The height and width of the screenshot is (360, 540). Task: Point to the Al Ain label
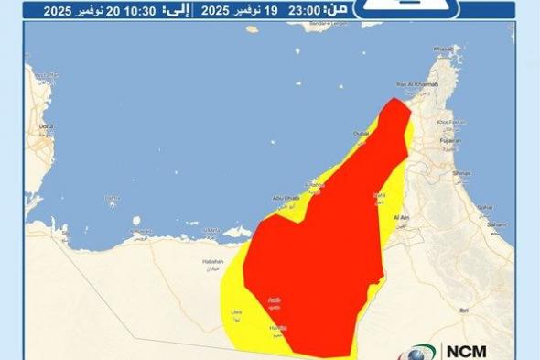point(400,217)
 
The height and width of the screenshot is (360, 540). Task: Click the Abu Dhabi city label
point(285,197)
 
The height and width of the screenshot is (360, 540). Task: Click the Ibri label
point(487,311)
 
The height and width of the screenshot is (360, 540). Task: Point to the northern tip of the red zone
point(394,99)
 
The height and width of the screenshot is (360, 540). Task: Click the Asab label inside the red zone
point(273,300)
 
